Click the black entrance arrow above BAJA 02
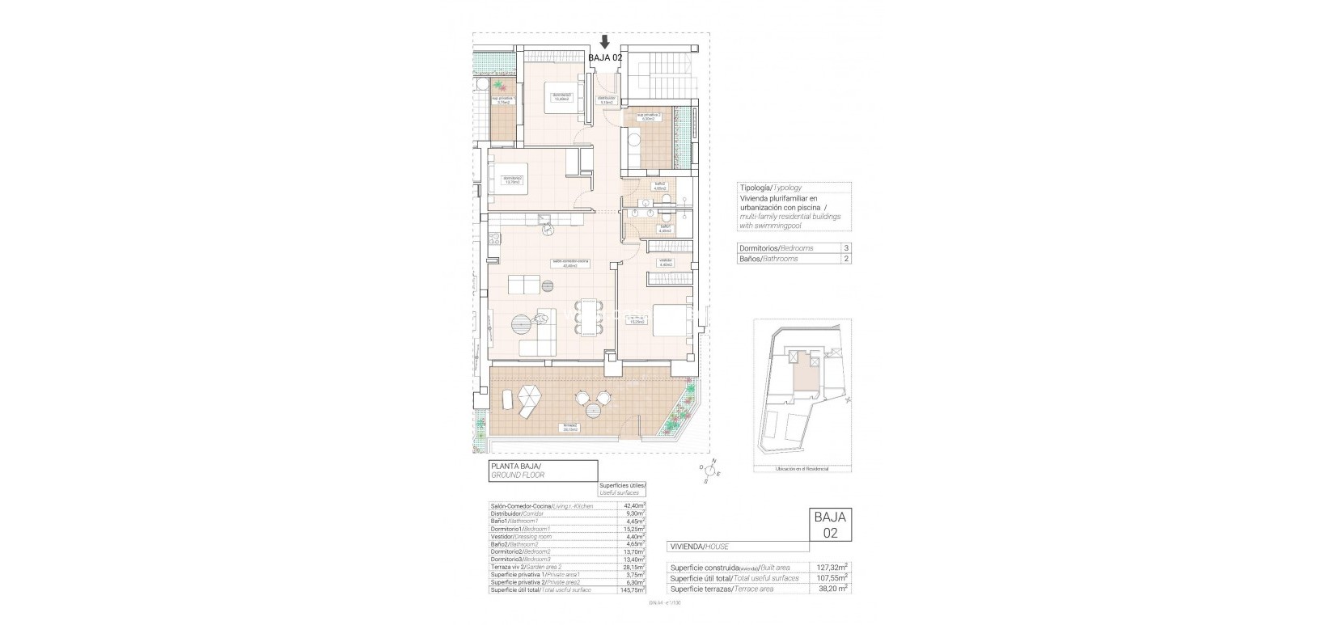(x=605, y=42)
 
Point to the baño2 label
(x=660, y=185)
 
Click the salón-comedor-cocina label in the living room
(x=570, y=264)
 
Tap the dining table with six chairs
(x=588, y=317)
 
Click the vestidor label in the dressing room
(x=666, y=261)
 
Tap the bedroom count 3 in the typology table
(x=846, y=248)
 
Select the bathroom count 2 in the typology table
(x=846, y=259)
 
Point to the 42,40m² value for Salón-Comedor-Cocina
(x=633, y=506)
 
